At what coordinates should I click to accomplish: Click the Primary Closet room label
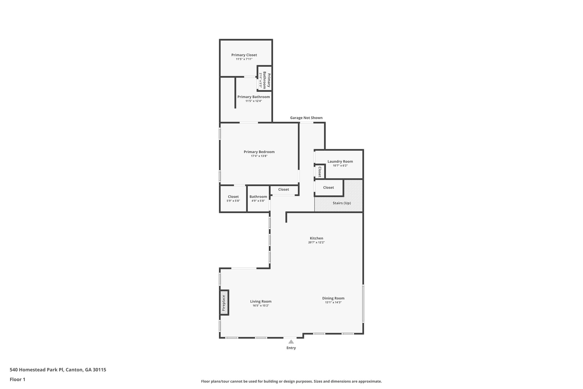244,55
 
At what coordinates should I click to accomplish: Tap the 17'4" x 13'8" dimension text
259,156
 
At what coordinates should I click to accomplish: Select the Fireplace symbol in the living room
224,303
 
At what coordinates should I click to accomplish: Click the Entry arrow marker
291,341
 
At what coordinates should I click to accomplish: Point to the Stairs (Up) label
342,203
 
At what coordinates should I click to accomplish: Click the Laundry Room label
340,161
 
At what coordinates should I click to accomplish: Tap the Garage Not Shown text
306,118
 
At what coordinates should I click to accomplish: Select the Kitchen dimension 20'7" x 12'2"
316,243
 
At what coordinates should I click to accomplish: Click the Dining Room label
333,298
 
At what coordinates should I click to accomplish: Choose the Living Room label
260,301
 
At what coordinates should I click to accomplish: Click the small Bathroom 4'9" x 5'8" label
258,197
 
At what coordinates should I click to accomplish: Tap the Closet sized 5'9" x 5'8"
233,197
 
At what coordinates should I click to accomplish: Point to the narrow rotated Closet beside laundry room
320,172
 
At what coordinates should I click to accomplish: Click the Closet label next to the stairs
328,188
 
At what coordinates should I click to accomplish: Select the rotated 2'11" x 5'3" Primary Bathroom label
264,80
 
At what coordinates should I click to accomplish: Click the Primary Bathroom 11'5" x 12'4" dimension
253,101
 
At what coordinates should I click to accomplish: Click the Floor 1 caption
17,379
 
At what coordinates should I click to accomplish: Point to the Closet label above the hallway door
283,190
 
